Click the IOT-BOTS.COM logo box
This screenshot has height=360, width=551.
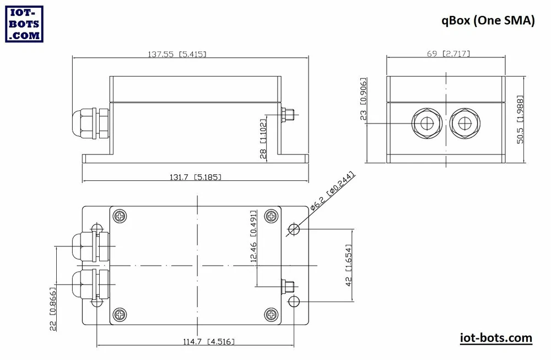[24, 24]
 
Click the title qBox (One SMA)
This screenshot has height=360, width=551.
[488, 20]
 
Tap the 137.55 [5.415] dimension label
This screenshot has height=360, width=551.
[177, 54]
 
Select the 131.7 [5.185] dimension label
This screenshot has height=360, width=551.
[196, 177]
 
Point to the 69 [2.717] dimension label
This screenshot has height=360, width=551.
[449, 53]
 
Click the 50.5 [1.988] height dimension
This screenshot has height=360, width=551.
[520, 120]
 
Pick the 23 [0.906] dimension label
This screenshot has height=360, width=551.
[363, 99]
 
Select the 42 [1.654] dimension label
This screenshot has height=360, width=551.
[348, 265]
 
